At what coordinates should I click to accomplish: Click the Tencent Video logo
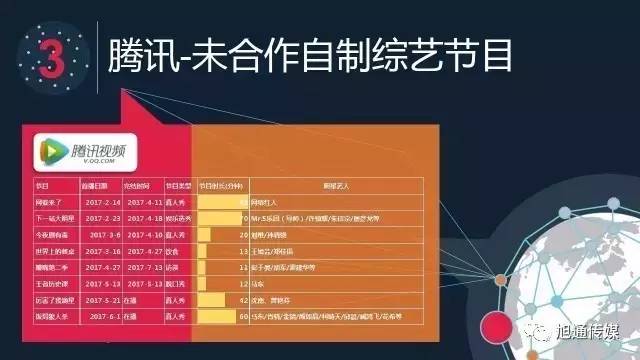click(x=85, y=151)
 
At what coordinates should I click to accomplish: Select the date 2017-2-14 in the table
click(x=100, y=203)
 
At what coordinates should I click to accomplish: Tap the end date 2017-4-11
click(x=141, y=203)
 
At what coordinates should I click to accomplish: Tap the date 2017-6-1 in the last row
click(x=104, y=315)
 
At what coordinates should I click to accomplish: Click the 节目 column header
click(x=43, y=186)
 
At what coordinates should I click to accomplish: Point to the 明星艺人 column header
click(x=334, y=186)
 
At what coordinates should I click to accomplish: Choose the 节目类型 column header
click(x=177, y=186)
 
